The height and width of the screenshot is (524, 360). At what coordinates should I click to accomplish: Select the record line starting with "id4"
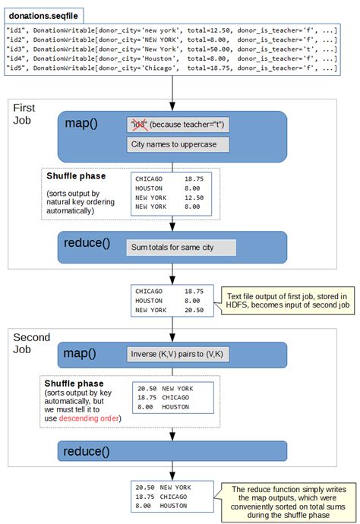(171, 56)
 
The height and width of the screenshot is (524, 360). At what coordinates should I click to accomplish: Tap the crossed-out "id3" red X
(138, 124)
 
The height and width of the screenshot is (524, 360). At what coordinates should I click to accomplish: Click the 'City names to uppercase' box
(166, 145)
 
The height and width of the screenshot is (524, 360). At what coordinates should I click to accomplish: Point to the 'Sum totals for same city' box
(181, 248)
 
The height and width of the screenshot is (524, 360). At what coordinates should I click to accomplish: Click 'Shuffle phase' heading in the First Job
(75, 176)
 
